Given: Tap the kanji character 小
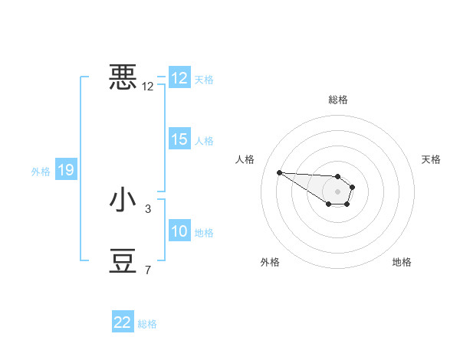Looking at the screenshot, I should pyautogui.click(x=123, y=200).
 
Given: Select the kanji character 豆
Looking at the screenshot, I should pyautogui.click(x=123, y=260).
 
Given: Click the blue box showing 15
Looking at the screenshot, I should pyautogui.click(x=179, y=140).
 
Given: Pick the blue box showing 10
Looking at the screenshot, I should pyautogui.click(x=179, y=232).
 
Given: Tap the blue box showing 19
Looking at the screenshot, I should pyautogui.click(x=66, y=171).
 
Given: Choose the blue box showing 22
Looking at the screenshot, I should pyautogui.click(x=123, y=322).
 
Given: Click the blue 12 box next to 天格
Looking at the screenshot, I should pyautogui.click(x=179, y=78).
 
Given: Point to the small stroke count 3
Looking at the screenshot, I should pyautogui.click(x=148, y=208).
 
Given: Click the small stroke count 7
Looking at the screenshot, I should pyautogui.click(x=148, y=270).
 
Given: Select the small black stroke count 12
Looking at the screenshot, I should pyautogui.click(x=148, y=87).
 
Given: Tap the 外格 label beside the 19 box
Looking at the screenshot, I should pyautogui.click(x=41, y=172).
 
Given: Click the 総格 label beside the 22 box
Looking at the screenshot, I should pyautogui.click(x=148, y=324).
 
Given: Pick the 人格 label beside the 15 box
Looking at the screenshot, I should pyautogui.click(x=204, y=141).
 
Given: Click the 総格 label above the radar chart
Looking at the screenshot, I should pyautogui.click(x=338, y=100).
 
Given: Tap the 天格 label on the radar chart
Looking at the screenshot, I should pyautogui.click(x=431, y=159).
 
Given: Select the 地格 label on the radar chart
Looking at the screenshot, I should pyautogui.click(x=402, y=262).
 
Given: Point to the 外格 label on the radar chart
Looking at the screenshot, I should pyautogui.click(x=270, y=262).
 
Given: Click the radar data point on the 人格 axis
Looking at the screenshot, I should pyautogui.click(x=279, y=172).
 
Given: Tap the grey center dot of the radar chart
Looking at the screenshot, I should pyautogui.click(x=338, y=191).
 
